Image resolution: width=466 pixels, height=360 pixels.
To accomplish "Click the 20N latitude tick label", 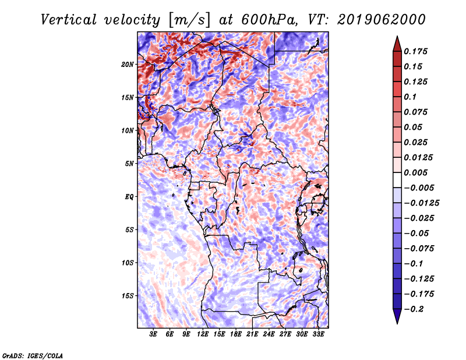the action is (x=128, y=65).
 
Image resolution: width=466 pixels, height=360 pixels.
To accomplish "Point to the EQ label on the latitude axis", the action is (x=129, y=197).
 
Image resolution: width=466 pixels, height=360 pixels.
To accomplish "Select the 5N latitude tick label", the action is (x=129, y=164).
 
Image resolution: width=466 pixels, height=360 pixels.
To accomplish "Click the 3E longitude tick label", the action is (x=153, y=334).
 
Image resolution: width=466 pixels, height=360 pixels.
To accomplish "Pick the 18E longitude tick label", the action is (x=236, y=334).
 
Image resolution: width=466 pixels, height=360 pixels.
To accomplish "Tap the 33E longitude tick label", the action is (x=318, y=334).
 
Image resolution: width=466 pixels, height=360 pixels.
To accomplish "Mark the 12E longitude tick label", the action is (x=203, y=334).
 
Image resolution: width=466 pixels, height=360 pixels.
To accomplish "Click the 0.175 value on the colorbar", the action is (x=415, y=51).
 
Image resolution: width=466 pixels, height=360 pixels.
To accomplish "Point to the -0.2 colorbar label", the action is (x=414, y=309).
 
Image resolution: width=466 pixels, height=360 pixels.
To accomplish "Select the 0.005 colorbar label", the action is (x=415, y=172).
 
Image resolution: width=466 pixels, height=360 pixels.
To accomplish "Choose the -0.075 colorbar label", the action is (x=419, y=249).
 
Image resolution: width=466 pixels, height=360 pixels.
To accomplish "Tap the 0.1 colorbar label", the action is (x=410, y=97).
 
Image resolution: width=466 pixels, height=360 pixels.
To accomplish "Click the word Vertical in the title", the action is (x=68, y=20).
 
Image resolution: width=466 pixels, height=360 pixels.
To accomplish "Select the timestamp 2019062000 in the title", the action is (x=382, y=20).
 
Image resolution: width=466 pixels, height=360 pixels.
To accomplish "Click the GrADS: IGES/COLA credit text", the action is (x=33, y=356).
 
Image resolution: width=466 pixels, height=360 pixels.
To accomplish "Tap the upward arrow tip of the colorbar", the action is (x=397, y=36).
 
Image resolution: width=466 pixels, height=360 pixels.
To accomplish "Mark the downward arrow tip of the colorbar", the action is (x=397, y=323).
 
